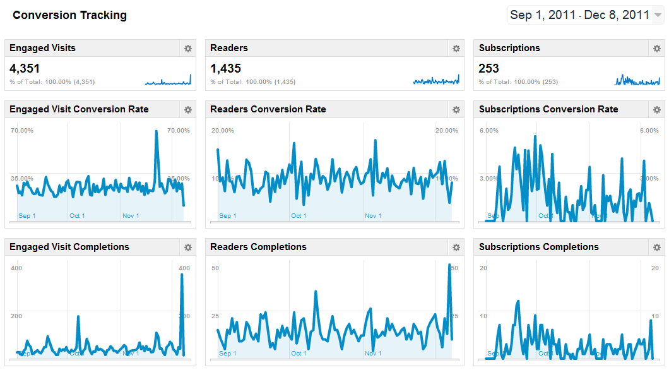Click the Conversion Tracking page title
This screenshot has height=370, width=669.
coord(69,15)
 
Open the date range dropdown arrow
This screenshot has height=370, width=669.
coord(658,15)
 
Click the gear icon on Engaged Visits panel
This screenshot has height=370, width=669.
coord(187,49)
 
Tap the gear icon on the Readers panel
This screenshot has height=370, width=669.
coord(456,49)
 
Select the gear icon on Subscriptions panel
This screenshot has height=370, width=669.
coord(656,49)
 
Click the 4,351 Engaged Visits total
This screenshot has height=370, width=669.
coord(25,68)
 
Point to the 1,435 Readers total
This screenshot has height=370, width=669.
coord(226,68)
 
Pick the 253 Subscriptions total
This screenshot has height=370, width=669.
coord(489,68)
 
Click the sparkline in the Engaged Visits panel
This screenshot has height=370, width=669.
coord(168,80)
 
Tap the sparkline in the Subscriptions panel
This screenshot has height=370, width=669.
coord(637,80)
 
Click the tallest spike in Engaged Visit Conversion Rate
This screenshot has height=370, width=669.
coord(157,132)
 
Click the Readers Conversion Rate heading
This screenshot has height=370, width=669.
coord(268,109)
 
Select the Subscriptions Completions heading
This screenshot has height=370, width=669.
coord(538,247)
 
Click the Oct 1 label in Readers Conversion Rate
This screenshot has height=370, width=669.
coord(299,216)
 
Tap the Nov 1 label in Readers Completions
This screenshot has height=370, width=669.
coord(373,354)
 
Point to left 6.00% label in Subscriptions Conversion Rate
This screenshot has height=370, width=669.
coord(489,131)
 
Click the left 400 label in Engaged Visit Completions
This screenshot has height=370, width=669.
coord(16,268)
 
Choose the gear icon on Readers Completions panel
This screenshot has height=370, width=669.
coord(456,248)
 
